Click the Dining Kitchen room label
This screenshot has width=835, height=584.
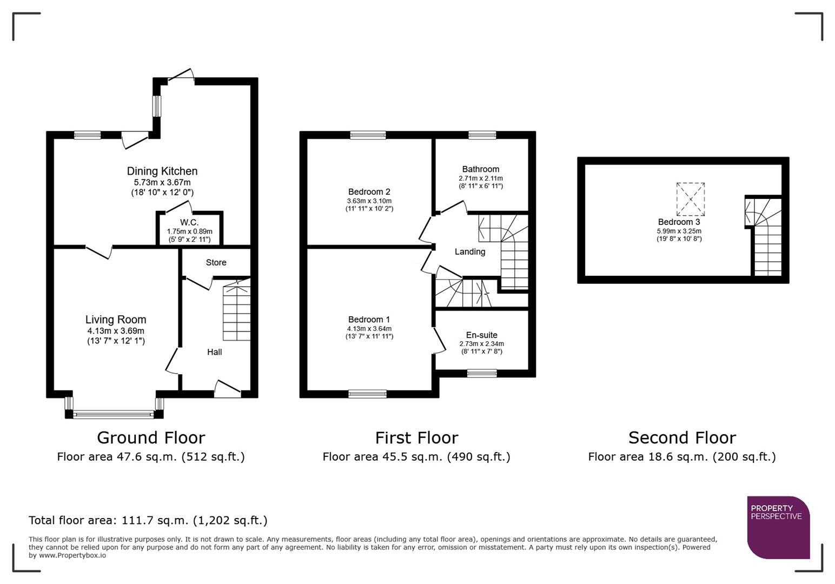pyautogui.click(x=162, y=171)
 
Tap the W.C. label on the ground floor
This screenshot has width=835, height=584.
pyautogui.click(x=189, y=222)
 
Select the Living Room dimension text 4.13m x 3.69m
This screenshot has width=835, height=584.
pyautogui.click(x=116, y=331)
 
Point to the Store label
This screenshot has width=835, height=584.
pyautogui.click(x=216, y=262)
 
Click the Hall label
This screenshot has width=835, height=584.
pyautogui.click(x=214, y=352)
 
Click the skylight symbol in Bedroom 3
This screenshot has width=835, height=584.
pyautogui.click(x=691, y=199)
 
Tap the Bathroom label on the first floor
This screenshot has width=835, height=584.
pyautogui.click(x=480, y=169)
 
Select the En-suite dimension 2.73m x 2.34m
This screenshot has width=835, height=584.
pyautogui.click(x=481, y=344)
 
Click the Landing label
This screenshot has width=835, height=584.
pyautogui.click(x=469, y=251)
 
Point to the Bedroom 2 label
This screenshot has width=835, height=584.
pyautogui.click(x=369, y=192)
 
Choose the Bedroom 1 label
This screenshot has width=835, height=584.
pyautogui.click(x=369, y=320)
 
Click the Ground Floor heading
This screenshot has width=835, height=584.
pyautogui.click(x=151, y=437)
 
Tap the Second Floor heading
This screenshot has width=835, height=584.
pyautogui.click(x=681, y=437)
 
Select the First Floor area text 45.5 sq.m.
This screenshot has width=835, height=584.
pyautogui.click(x=416, y=457)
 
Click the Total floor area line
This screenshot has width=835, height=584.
pyautogui.click(x=148, y=520)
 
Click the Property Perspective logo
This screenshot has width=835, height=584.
pyautogui.click(x=778, y=527)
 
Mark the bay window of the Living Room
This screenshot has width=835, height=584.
pyautogui.click(x=114, y=414)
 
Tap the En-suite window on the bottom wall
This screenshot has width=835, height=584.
pyautogui.click(x=481, y=373)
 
